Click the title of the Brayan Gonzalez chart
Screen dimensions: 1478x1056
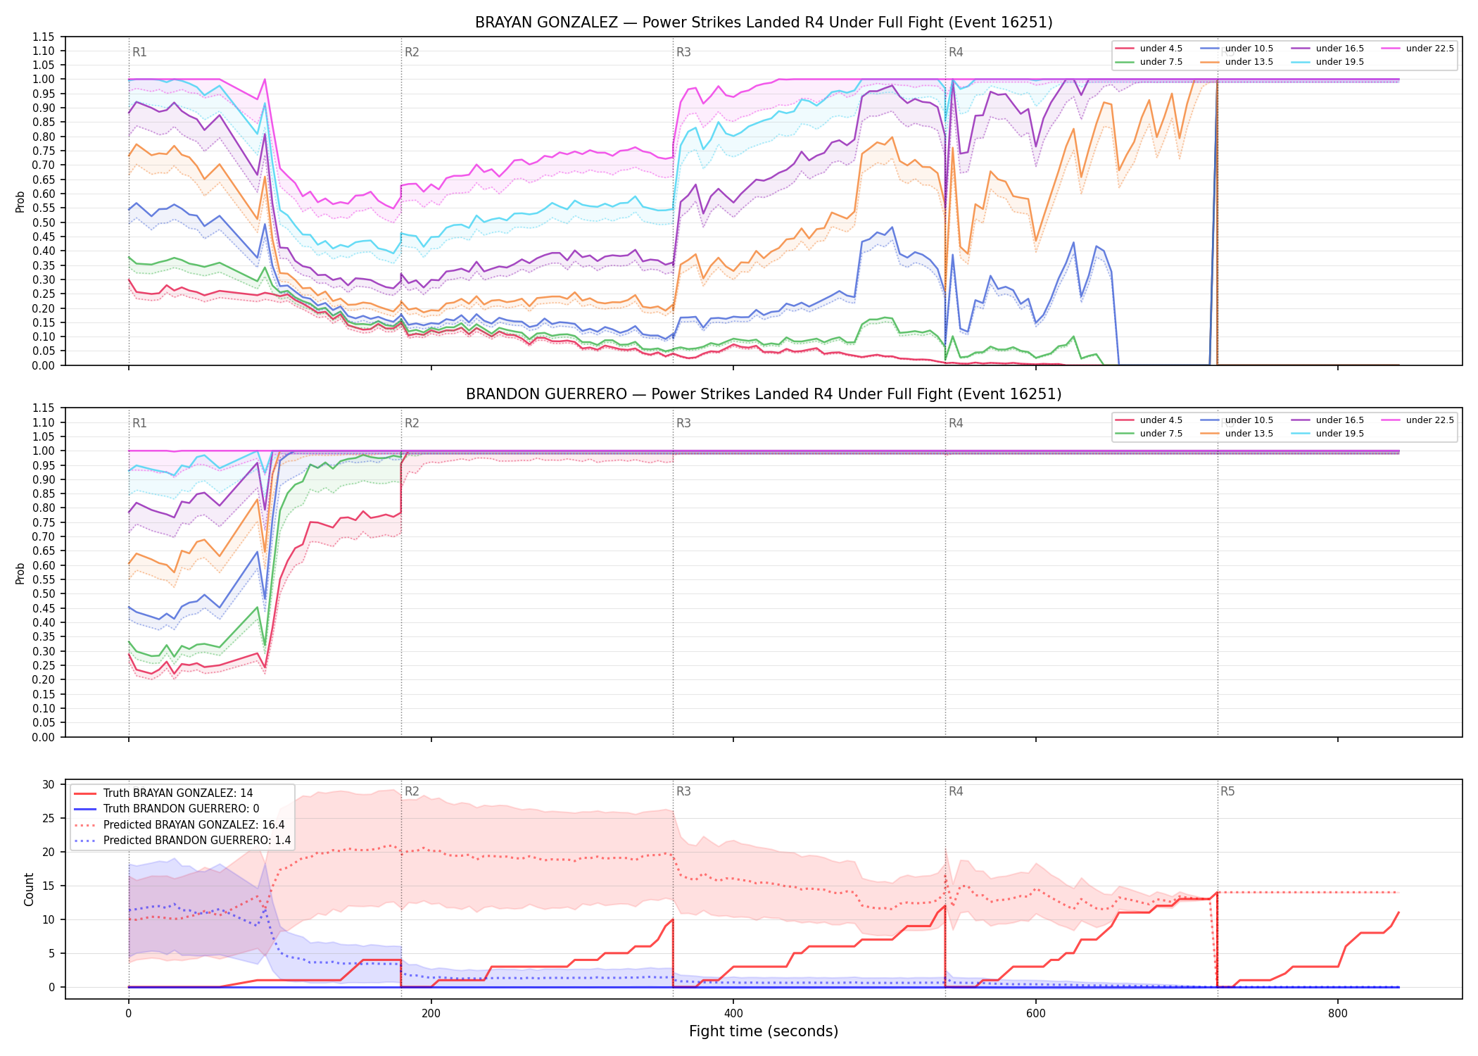[764, 23]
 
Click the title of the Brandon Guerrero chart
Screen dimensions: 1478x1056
[764, 394]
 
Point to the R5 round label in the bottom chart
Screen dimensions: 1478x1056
[1227, 791]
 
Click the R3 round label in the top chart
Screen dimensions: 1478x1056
[683, 52]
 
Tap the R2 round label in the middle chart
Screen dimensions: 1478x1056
[412, 423]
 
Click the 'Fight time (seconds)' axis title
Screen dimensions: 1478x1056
[764, 1031]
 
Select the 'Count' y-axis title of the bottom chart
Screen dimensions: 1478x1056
[29, 889]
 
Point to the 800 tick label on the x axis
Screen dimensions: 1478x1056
[1338, 1014]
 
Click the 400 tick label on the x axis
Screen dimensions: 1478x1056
[733, 1014]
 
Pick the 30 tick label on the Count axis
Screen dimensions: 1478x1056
[49, 784]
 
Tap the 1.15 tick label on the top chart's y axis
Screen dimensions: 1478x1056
[44, 37]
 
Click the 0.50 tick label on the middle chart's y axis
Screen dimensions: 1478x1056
[44, 593]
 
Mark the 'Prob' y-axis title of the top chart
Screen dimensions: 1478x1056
[20, 202]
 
